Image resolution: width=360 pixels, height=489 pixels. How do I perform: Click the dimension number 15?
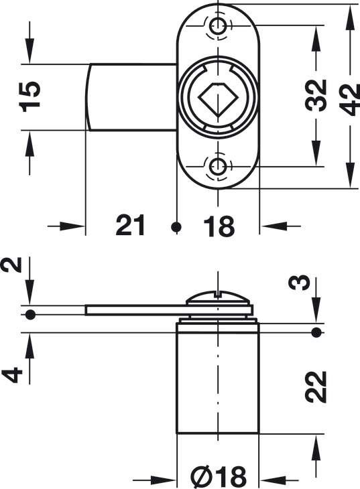click(x=30, y=96)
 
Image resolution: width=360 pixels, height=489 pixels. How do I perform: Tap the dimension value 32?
click(x=316, y=95)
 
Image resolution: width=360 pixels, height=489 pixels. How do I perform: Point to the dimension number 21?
click(x=130, y=225)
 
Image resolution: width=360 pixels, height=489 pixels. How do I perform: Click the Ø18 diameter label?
click(x=219, y=476)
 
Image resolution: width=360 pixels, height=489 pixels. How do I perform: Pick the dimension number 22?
click(x=316, y=387)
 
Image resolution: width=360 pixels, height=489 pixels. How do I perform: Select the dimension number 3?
click(x=299, y=283)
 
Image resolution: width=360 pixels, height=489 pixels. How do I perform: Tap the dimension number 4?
click(x=12, y=375)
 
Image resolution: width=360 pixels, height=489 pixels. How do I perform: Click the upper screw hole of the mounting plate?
click(x=218, y=25)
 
